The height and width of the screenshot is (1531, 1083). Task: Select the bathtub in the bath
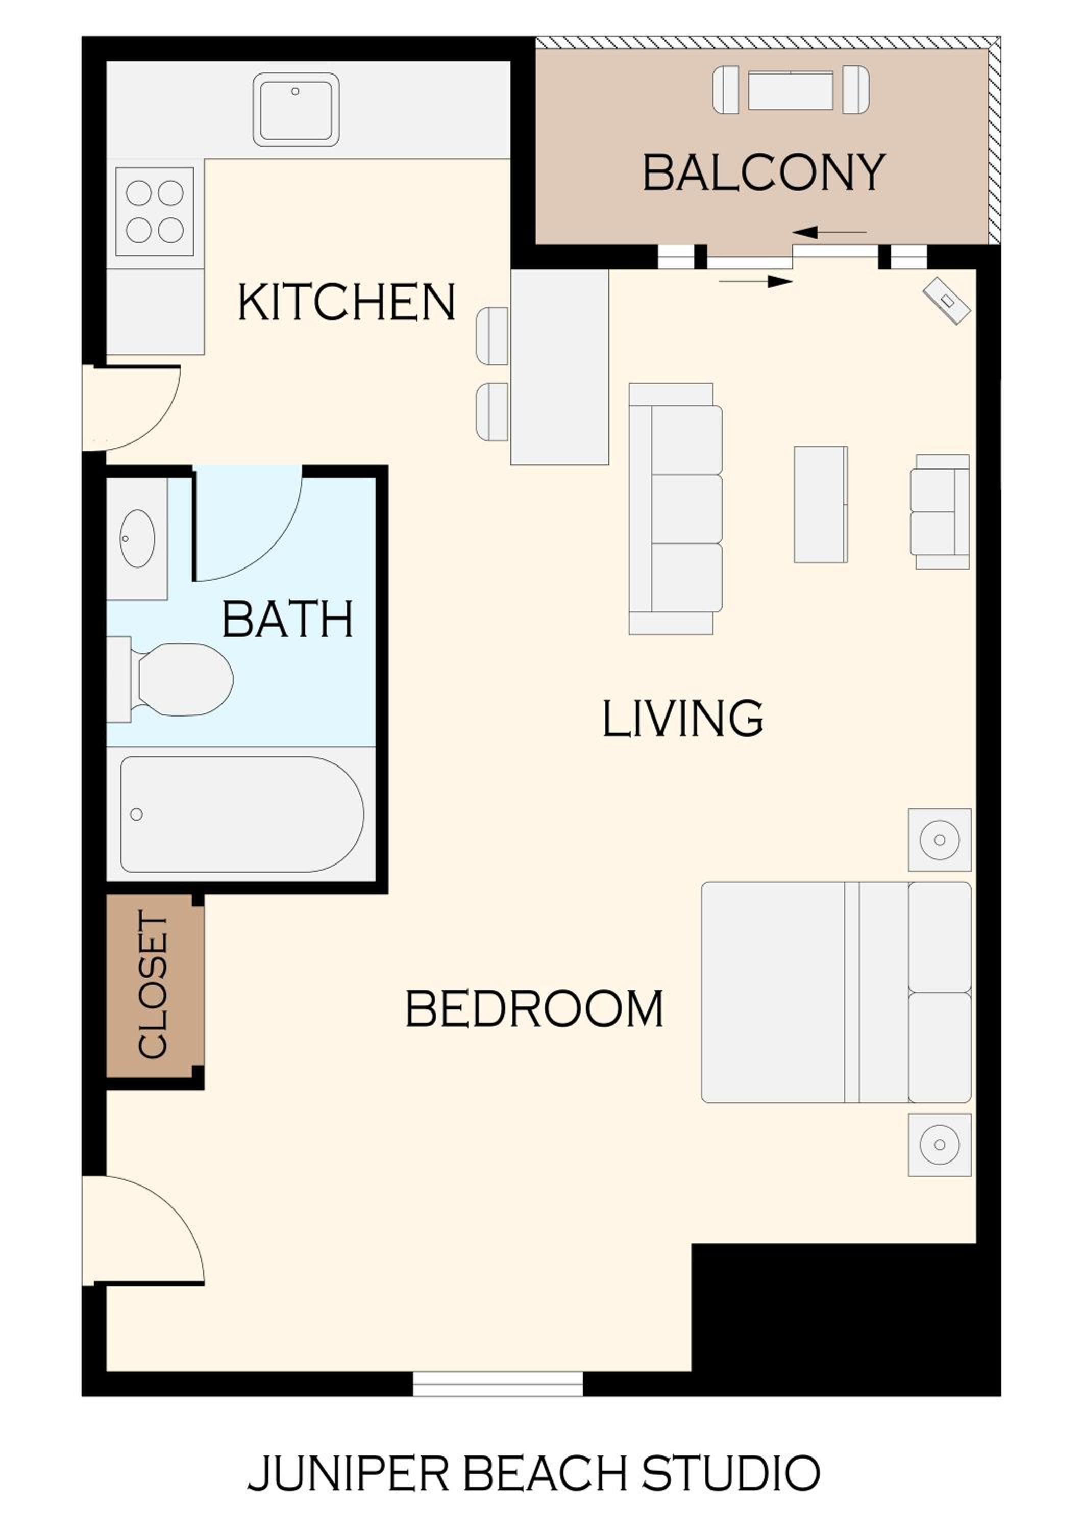242,814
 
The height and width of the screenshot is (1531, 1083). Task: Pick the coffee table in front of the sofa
821,504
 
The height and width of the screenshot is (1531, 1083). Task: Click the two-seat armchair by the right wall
940,511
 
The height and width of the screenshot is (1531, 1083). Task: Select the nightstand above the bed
940,839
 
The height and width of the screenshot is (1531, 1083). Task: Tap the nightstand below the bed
940,1144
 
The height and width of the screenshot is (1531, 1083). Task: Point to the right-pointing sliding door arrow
755,281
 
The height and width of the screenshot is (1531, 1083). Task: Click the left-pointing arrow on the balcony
829,232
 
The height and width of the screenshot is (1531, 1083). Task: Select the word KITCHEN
347,302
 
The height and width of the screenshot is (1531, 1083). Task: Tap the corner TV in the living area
947,301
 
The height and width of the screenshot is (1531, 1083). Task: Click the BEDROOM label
535,1009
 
